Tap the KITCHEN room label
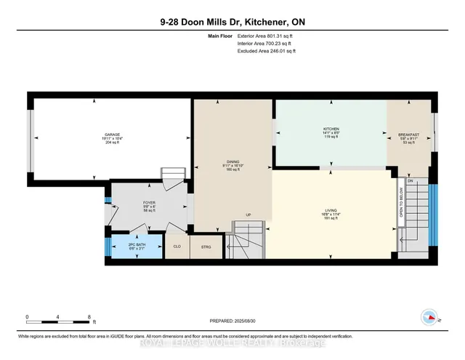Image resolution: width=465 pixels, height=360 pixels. (x=331, y=129)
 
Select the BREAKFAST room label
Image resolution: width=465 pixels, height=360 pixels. (x=408, y=135)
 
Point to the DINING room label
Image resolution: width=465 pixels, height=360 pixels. (x=232, y=162)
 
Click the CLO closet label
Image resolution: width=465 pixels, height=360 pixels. (x=177, y=247)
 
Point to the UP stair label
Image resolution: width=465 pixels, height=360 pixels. (x=248, y=215)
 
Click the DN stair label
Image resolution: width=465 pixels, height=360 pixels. (x=408, y=181)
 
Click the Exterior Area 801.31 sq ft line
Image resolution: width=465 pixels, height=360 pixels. (x=266, y=34)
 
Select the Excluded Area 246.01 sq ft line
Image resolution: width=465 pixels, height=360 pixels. (x=267, y=52)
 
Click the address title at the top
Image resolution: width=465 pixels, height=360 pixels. (x=232, y=22)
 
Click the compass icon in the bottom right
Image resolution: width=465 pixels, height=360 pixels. (x=429, y=317)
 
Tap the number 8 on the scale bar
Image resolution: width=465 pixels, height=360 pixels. (x=89, y=317)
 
